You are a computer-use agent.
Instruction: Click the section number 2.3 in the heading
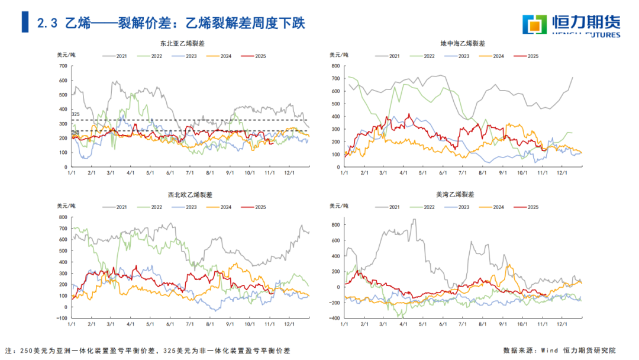click(x=47, y=23)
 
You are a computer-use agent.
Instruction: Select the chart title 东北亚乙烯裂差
click(x=182, y=44)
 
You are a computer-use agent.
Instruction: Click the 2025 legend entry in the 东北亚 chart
click(x=255, y=56)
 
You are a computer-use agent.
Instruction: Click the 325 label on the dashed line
click(x=75, y=114)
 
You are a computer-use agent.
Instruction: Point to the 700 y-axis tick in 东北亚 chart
click(x=63, y=65)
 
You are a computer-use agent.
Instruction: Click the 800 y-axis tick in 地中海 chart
click(x=335, y=66)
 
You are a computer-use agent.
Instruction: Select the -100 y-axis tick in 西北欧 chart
click(x=62, y=318)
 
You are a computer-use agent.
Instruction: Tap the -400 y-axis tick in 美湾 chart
click(x=334, y=318)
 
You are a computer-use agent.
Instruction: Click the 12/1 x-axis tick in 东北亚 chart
click(x=290, y=173)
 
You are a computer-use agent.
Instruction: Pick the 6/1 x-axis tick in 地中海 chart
click(x=443, y=173)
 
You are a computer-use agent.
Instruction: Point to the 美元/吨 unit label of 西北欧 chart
click(x=66, y=206)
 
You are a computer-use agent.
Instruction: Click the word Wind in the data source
click(x=549, y=351)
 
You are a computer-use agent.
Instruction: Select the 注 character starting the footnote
click(x=8, y=351)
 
